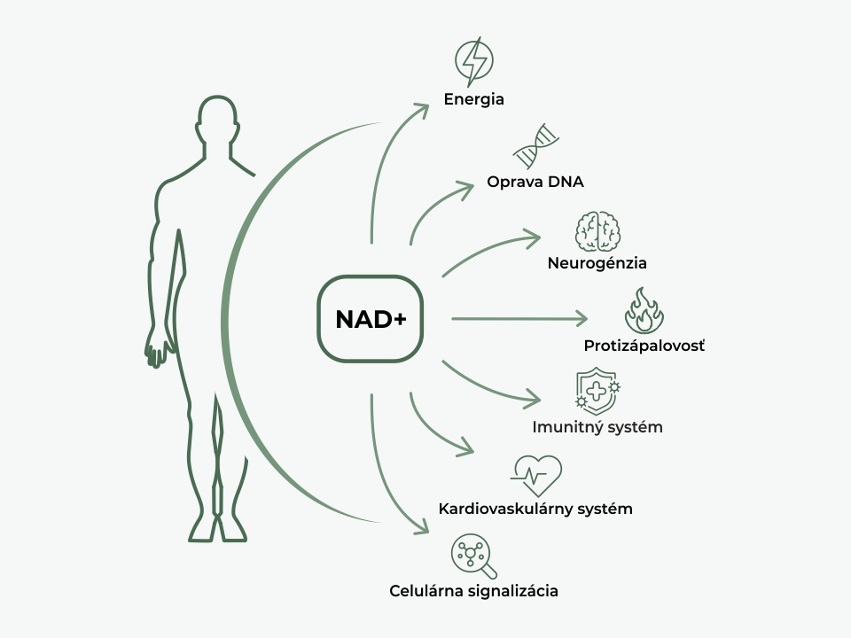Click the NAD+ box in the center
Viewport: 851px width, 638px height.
click(370, 319)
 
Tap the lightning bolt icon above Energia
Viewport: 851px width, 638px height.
click(473, 61)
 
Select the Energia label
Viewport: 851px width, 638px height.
click(474, 99)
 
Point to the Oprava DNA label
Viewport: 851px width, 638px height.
click(535, 183)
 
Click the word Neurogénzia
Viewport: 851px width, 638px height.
click(597, 263)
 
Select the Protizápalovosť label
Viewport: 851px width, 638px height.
click(644, 345)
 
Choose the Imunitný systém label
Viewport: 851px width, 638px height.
click(597, 427)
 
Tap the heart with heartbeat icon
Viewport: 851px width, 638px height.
click(536, 476)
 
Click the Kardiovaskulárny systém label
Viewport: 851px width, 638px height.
click(535, 510)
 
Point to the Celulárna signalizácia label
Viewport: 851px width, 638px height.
click(474, 590)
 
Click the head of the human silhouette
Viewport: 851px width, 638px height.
click(217, 120)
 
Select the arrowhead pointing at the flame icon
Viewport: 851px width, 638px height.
click(582, 318)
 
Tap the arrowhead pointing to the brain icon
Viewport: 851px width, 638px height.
click(534, 237)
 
